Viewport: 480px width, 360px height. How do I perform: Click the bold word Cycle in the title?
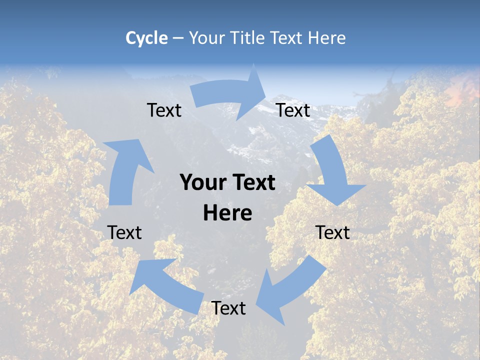[x=146, y=38]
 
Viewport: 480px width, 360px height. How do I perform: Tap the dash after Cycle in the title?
[x=178, y=38]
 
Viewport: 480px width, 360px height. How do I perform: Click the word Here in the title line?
[x=327, y=38]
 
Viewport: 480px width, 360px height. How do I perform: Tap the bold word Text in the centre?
[x=252, y=183]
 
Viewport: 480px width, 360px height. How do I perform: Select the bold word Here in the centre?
[x=227, y=213]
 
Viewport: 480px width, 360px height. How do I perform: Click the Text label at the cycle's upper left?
[x=164, y=110]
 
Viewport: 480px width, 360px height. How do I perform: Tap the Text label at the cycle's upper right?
[x=293, y=110]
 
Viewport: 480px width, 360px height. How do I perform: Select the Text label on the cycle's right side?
[x=332, y=232]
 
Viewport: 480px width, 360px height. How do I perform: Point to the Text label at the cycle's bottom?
[x=228, y=308]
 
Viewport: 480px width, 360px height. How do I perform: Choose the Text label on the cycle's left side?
[x=124, y=232]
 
